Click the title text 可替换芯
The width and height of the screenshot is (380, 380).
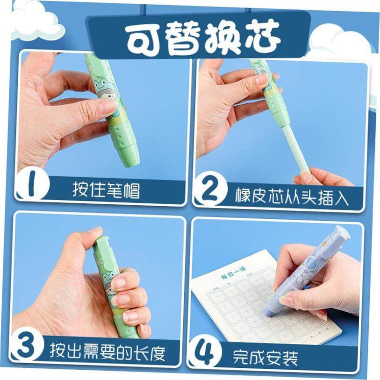[x=203, y=37]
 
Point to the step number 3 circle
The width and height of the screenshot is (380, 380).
[x=27, y=347]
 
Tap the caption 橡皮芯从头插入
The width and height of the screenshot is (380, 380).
[x=292, y=197]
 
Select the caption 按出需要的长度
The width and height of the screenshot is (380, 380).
[x=108, y=352]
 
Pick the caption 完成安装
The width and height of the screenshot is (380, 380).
[x=265, y=357]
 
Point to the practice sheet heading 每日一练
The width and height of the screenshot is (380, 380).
[x=233, y=274]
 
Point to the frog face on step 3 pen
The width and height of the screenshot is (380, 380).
[x=108, y=279]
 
